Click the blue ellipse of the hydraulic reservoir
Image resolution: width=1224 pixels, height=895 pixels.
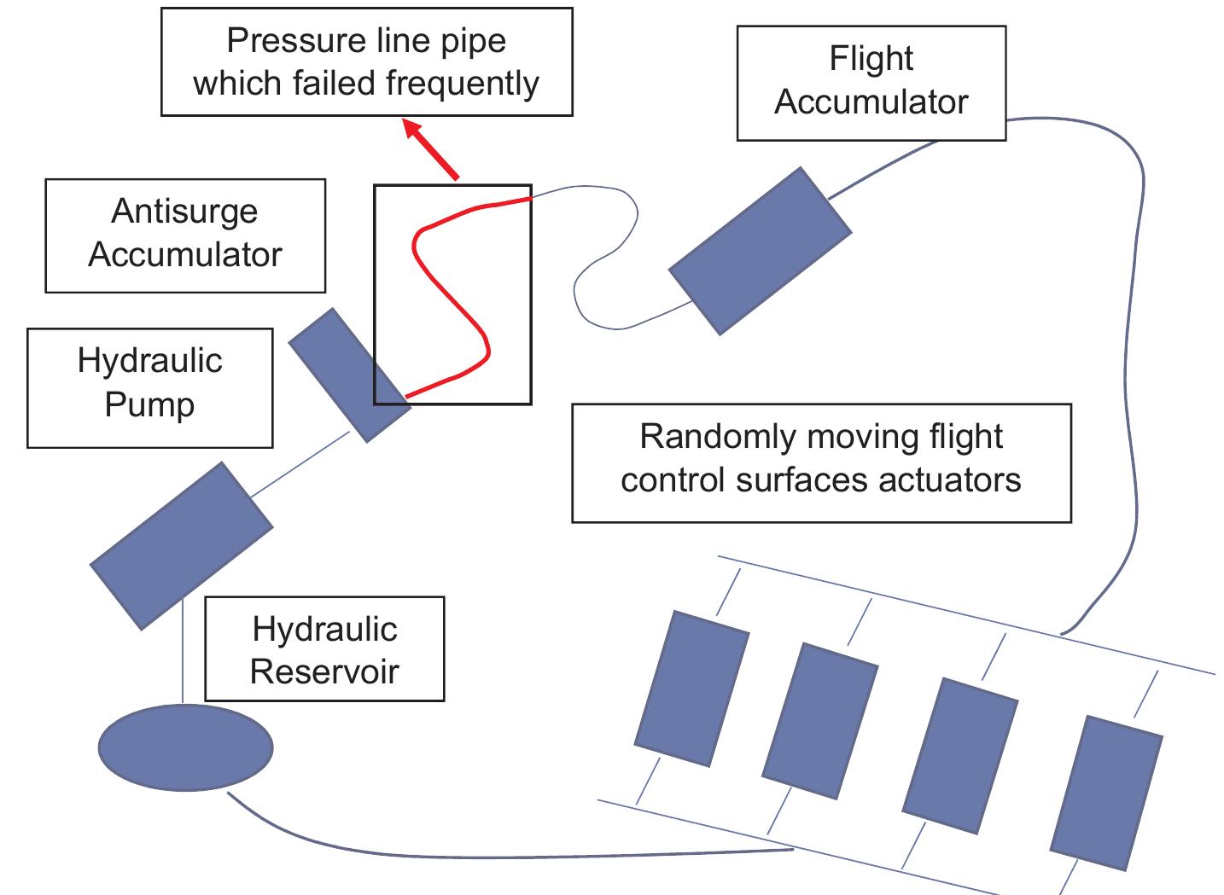click(x=185, y=747)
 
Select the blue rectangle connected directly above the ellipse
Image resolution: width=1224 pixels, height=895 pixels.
click(x=181, y=545)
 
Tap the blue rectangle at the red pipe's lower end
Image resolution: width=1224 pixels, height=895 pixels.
click(x=349, y=375)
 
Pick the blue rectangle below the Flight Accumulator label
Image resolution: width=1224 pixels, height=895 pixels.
click(x=760, y=250)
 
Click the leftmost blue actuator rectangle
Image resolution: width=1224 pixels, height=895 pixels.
click(x=691, y=689)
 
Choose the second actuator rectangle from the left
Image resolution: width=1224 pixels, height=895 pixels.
click(x=819, y=721)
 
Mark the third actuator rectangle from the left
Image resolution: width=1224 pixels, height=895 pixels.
click(x=960, y=755)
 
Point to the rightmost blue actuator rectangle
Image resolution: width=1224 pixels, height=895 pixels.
click(x=1106, y=793)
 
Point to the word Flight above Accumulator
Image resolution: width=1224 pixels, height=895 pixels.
click(x=871, y=59)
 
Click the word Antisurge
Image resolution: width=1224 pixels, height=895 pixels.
click(x=184, y=212)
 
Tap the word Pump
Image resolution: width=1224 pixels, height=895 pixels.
click(x=149, y=404)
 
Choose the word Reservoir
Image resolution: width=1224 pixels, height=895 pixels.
click(x=323, y=671)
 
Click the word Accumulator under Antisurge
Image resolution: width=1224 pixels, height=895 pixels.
click(x=184, y=254)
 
